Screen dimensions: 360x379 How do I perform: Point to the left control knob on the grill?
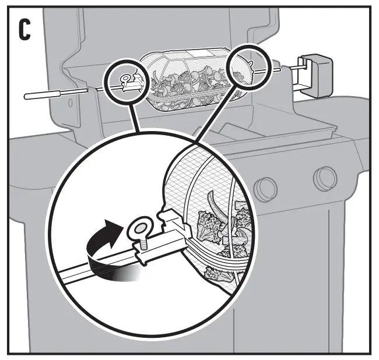coord(265,188)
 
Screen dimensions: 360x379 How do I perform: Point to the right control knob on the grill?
coord(324,178)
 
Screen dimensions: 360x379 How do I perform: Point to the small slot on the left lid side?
coord(70,105)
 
